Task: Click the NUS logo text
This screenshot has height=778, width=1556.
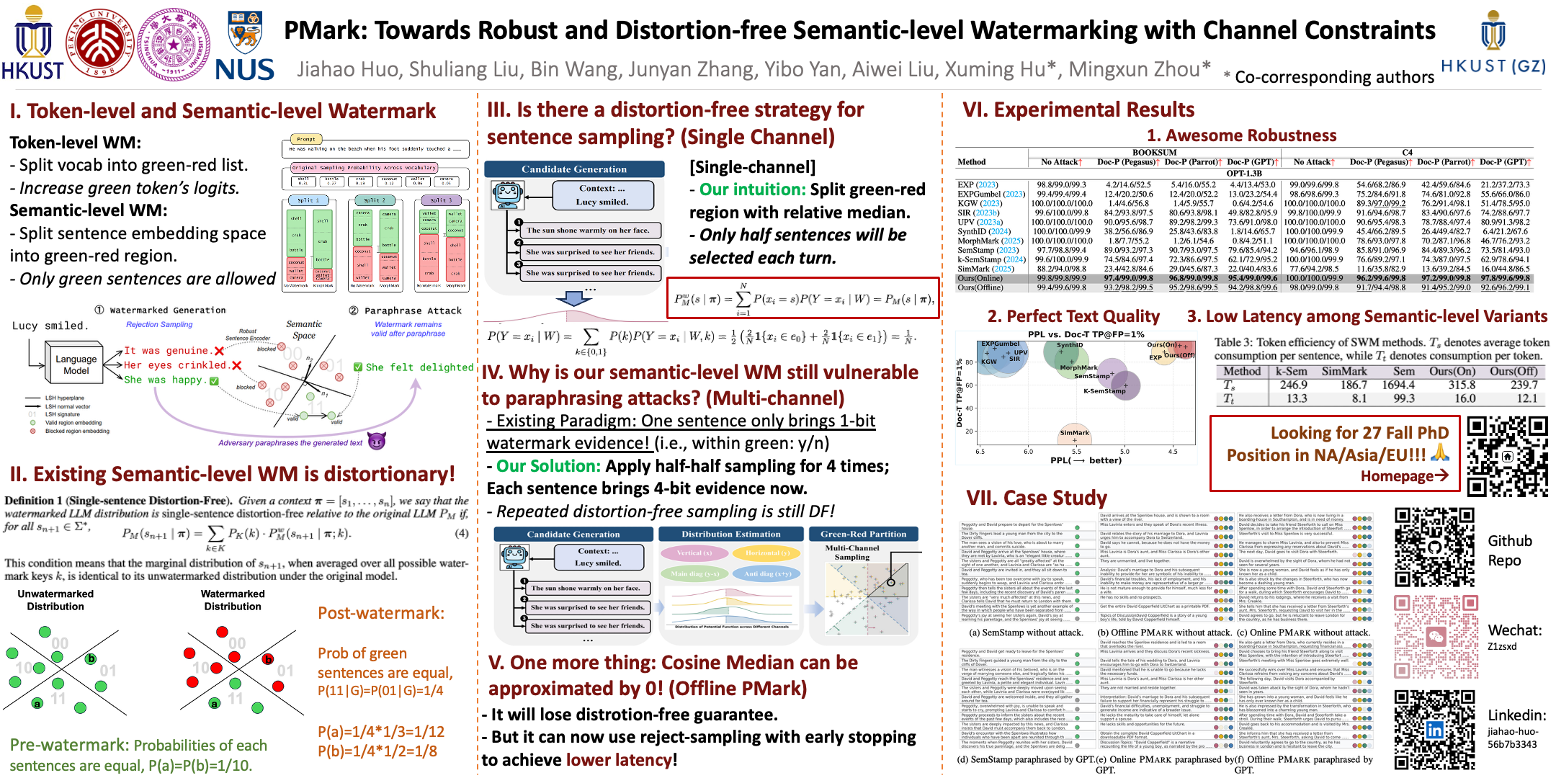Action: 244,69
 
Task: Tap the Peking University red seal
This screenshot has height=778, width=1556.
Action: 99,43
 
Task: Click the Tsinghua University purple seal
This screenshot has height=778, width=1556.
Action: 174,43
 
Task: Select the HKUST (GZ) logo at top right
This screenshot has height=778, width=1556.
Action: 1493,43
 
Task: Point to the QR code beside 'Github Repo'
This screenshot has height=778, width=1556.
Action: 1434,547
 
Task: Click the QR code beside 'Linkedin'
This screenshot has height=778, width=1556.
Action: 1434,730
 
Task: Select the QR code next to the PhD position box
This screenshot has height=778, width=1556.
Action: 1507,457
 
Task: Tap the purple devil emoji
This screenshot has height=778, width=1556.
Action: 377,441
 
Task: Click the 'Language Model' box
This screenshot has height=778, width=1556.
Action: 76,365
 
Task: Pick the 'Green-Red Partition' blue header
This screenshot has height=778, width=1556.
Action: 863,534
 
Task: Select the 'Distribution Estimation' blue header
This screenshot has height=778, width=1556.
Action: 730,534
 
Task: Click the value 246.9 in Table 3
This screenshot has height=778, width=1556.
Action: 1293,385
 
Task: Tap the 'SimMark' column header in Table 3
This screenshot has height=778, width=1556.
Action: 1343,371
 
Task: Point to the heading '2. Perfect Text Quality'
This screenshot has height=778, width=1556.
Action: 1073,316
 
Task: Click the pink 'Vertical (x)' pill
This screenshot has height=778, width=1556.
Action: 694,553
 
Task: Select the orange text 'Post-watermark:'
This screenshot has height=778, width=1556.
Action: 381,613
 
